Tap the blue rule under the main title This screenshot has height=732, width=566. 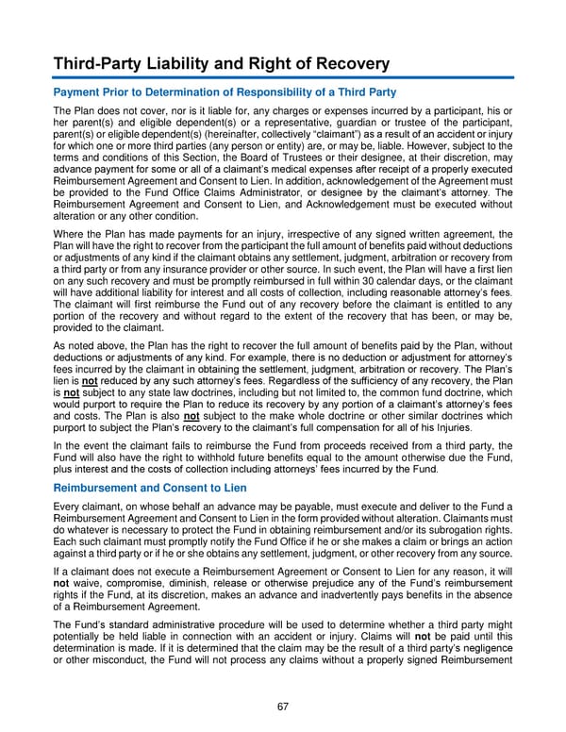[283, 77]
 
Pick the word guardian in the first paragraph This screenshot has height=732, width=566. [398, 124]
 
